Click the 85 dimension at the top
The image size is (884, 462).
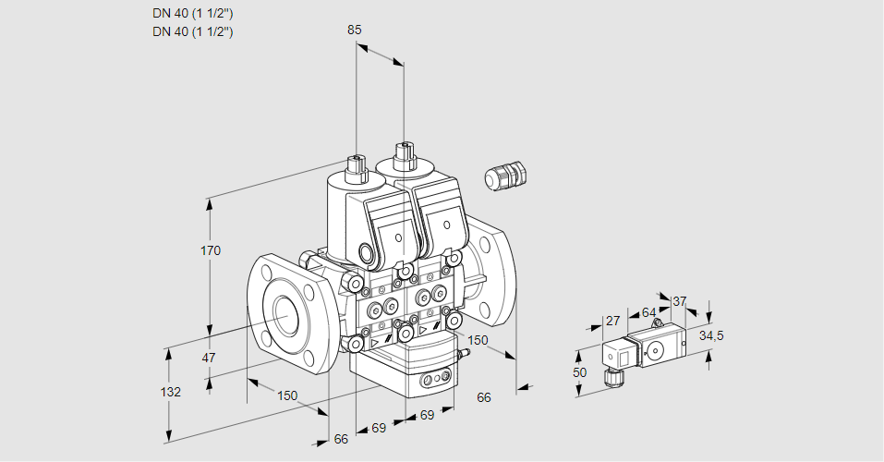(355, 30)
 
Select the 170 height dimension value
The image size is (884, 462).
(211, 250)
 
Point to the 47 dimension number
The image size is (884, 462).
(209, 358)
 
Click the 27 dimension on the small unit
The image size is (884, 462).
(612, 321)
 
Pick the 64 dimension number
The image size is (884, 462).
(648, 312)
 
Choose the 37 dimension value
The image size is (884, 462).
(679, 301)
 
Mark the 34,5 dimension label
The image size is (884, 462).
(711, 334)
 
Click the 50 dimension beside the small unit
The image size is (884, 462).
(579, 371)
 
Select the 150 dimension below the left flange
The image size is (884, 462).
(288, 395)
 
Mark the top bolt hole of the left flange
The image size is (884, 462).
(267, 273)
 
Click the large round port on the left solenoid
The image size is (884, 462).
(370, 252)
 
